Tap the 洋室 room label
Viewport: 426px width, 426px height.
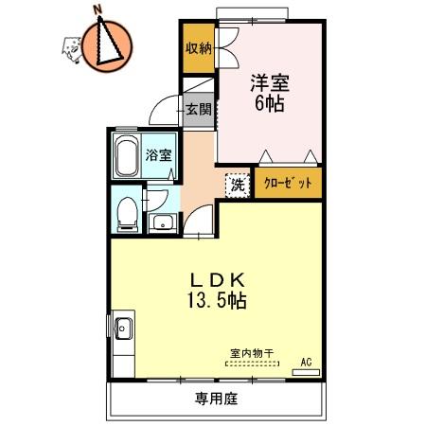coord(265,83)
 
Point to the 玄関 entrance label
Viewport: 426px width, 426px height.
coord(198,110)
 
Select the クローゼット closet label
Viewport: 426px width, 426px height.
coord(286,183)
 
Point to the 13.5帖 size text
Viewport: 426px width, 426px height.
coord(218,302)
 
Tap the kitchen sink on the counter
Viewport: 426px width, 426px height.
coord(123,330)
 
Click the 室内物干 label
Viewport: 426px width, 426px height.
coord(251,354)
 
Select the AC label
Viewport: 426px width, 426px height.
coord(306,361)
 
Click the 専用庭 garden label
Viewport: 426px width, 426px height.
coord(217,399)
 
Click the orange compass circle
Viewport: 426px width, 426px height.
coord(104,42)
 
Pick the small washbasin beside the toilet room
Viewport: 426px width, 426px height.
coord(162,223)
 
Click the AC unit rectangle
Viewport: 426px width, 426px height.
coord(306,373)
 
